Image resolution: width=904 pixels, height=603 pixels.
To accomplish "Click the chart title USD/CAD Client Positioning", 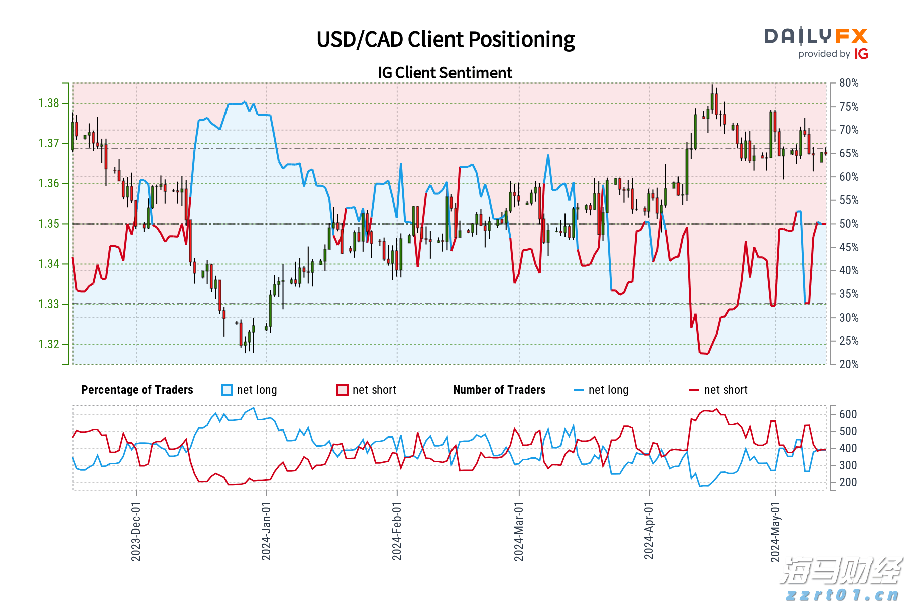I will (445, 40).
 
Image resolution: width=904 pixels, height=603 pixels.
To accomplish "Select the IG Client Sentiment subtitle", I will (445, 73).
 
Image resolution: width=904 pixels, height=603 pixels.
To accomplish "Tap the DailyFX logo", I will (816, 36).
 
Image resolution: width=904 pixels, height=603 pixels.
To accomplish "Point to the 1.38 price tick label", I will (49, 104).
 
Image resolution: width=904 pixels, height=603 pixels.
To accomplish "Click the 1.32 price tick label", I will (49, 345).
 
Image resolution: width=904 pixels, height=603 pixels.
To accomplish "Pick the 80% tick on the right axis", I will (849, 83).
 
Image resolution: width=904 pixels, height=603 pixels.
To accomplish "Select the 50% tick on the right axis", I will (849, 224).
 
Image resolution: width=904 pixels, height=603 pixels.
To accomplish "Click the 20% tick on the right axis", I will (849, 365).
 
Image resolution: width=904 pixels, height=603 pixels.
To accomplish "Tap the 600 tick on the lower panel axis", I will (848, 414).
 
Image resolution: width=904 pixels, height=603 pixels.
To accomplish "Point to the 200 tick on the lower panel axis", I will (848, 482).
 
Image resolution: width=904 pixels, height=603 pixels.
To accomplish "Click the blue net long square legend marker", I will (227, 390).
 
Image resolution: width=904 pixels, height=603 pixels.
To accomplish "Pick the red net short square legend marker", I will (343, 390).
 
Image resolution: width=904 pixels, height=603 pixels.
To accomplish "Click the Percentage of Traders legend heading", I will (137, 390).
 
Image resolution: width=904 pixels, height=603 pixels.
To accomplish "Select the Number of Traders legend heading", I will (499, 390).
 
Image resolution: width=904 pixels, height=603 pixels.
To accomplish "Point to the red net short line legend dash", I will (694, 390).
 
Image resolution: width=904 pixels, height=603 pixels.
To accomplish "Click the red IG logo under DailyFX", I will (861, 54).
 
